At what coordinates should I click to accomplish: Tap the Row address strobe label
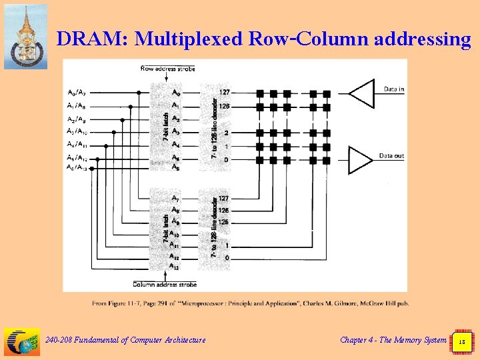pos(168,68)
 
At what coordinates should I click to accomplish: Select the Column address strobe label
pos(165,285)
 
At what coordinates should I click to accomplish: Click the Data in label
pos(393,89)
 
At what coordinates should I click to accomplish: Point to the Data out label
pos(391,156)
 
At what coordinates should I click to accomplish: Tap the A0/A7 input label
pos(77,93)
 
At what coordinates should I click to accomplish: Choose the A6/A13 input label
pos(77,168)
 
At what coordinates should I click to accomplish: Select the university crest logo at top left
pos(26,37)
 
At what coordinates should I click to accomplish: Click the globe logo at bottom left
pos(22,341)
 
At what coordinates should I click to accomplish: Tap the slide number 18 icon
pos(461,341)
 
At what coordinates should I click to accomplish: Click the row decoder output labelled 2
pos(227,133)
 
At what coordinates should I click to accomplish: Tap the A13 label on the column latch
pos(175,267)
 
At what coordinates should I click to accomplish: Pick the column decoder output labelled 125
pos(224,222)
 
